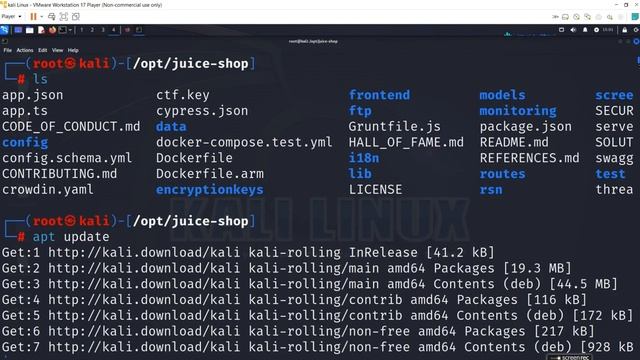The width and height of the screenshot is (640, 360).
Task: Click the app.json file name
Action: pyautogui.click(x=33, y=95)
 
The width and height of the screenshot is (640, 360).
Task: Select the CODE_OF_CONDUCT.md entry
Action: pyautogui.click(x=71, y=126)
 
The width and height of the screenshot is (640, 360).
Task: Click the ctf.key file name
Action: pyautogui.click(x=183, y=95)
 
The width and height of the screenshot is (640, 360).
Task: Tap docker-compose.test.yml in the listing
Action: pyautogui.click(x=244, y=142)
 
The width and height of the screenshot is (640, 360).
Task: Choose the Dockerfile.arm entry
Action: pyautogui.click(x=209, y=173)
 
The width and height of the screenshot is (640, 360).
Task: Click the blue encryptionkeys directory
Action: pyautogui.click(x=209, y=189)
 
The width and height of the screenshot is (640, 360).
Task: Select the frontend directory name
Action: pyautogui.click(x=379, y=95)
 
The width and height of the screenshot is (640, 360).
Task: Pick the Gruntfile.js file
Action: pyautogui.click(x=394, y=126)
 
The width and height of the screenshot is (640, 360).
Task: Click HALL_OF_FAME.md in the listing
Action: pyautogui.click(x=406, y=142)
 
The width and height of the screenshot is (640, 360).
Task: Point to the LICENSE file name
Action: pyautogui.click(x=375, y=189)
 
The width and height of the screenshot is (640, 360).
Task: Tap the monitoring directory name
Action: pyautogui.click(x=517, y=111)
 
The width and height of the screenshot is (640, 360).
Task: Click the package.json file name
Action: pyautogui.click(x=525, y=126)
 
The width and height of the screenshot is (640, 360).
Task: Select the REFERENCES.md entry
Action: pyautogui.click(x=529, y=158)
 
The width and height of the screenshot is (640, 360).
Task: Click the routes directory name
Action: pyautogui.click(x=502, y=173)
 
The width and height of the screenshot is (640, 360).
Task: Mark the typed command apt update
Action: pyautogui.click(x=58, y=237)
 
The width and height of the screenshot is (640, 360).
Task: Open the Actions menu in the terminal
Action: pyautogui.click(x=25, y=50)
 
